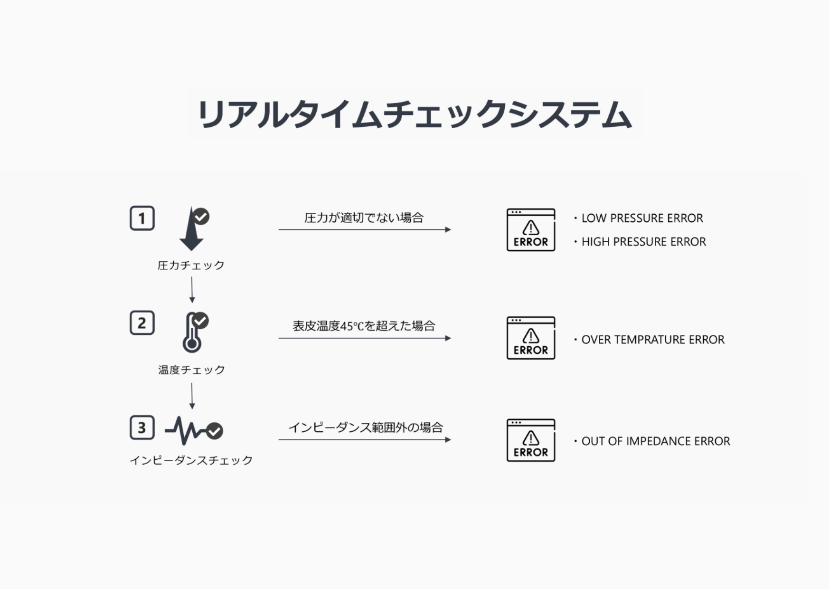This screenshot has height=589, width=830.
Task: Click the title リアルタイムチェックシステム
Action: pos(415,114)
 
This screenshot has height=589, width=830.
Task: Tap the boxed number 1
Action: pos(142,218)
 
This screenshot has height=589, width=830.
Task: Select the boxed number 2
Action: pos(142,323)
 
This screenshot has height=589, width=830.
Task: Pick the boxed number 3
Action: pos(142,427)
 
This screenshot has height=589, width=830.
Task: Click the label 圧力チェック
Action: pos(191,265)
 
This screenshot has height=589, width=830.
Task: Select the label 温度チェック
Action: pos(191,370)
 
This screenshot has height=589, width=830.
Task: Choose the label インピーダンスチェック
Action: pos(191,460)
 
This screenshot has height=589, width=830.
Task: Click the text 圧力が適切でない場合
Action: pos(364,218)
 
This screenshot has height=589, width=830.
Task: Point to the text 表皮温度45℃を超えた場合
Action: pos(364,326)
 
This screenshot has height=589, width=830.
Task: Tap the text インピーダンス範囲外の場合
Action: pos(366,427)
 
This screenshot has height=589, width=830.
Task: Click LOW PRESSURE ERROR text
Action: pos(642,218)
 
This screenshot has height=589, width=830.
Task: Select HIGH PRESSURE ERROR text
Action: pos(643,242)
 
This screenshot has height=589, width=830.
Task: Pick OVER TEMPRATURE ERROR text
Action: pos(653,340)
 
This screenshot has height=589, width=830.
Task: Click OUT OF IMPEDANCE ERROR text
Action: pos(656,441)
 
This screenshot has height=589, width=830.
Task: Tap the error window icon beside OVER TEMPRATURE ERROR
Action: pos(531,338)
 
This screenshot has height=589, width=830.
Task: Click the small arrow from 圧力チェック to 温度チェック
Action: pos(192,290)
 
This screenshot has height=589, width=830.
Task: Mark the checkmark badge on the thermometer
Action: pos(200,320)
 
